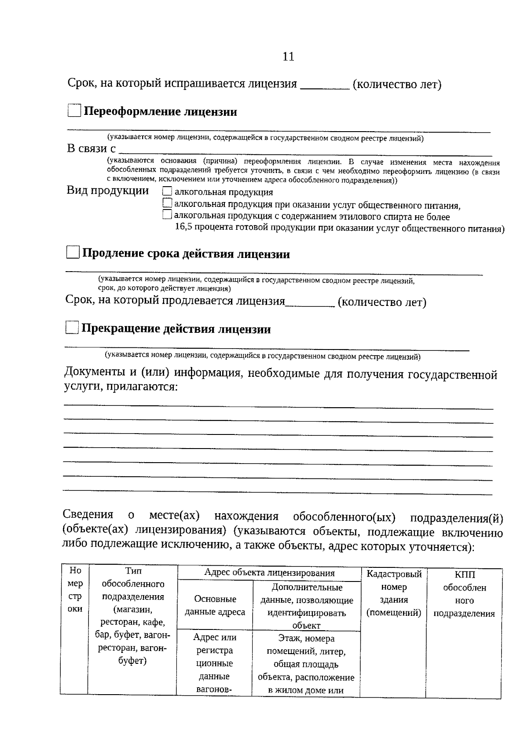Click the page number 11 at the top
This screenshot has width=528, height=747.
point(288,57)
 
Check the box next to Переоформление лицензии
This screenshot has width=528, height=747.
point(74,110)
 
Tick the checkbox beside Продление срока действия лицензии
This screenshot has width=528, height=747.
point(73,253)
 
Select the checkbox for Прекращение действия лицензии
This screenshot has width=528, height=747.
point(71,328)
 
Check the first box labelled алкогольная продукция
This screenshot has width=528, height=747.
point(167,191)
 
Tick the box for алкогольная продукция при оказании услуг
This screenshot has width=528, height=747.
point(167,203)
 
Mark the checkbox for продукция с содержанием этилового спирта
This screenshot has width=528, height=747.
point(167,215)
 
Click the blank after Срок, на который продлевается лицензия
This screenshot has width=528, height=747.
point(310,303)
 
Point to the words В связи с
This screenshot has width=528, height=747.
point(91,148)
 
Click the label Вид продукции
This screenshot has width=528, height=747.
point(108,191)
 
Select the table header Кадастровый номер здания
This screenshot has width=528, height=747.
point(394,593)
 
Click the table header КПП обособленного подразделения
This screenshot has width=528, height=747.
point(464,594)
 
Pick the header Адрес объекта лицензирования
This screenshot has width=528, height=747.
point(269,573)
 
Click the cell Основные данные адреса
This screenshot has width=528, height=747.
point(215,605)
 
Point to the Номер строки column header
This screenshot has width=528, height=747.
point(75,589)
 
